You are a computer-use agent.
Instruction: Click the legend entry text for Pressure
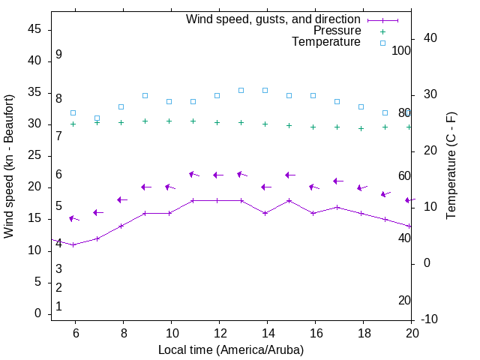click(x=337, y=31)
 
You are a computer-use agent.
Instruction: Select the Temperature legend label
click(x=326, y=42)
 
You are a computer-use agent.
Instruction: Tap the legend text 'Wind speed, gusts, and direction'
click(x=274, y=19)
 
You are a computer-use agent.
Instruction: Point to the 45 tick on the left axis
click(x=35, y=29)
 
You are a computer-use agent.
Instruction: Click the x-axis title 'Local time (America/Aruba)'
click(x=231, y=349)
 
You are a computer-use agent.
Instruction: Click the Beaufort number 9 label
click(x=58, y=55)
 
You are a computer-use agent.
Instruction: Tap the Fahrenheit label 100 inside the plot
click(x=401, y=50)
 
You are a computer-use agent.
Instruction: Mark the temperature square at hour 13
click(x=241, y=90)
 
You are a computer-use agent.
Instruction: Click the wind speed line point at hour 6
click(x=73, y=244)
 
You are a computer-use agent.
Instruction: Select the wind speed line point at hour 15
click(x=289, y=200)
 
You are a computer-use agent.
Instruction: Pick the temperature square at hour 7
click(x=97, y=118)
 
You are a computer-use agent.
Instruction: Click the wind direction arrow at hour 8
click(x=121, y=199)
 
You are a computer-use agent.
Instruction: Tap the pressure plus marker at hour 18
click(x=361, y=128)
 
